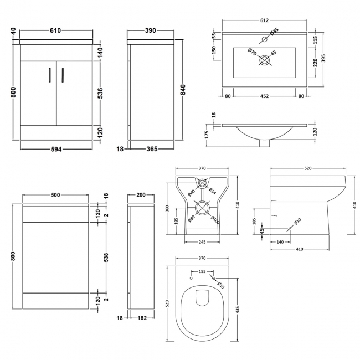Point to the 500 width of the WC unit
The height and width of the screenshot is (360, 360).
[x=55, y=195]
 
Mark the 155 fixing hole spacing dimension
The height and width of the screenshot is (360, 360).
[x=202, y=272]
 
